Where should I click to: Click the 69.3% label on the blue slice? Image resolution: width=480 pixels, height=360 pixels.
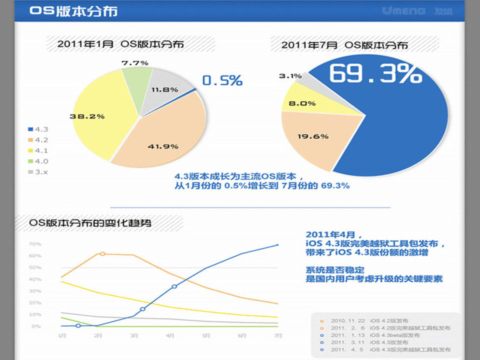pyautogui.click(x=375, y=73)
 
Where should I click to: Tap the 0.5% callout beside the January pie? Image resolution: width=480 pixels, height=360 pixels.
pyautogui.click(x=222, y=80)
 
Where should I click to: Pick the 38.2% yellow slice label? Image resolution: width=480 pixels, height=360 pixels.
pyautogui.click(x=87, y=116)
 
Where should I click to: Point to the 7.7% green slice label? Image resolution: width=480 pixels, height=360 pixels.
pyautogui.click(x=134, y=63)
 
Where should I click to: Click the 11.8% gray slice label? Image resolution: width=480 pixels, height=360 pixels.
pyautogui.click(x=164, y=89)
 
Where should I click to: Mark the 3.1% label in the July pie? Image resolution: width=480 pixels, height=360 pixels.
pyautogui.click(x=290, y=76)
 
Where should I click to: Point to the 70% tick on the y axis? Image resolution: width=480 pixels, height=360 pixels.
pyautogui.click(x=35, y=244)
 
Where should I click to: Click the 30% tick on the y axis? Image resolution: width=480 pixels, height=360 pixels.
pyautogui.click(x=35, y=291)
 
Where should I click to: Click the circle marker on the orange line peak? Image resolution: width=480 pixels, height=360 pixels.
pyautogui.click(x=102, y=254)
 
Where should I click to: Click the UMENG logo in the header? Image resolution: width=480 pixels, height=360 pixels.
pyautogui.click(x=403, y=10)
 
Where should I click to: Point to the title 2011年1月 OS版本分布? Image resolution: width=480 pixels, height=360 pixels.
pyautogui.click(x=120, y=44)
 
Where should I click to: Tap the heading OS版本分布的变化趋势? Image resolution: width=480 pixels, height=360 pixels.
pyautogui.click(x=90, y=223)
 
